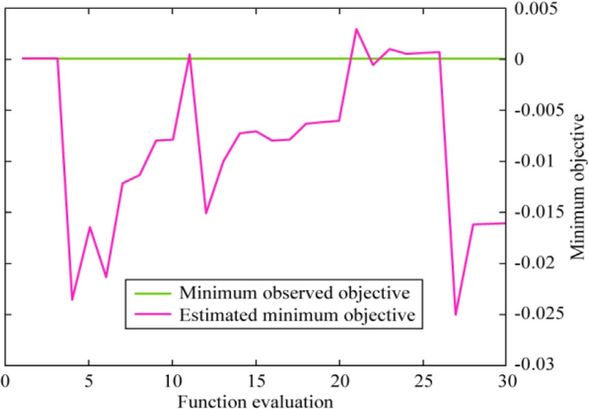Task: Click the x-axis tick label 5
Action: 89,380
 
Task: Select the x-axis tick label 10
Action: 172,380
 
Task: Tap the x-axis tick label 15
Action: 256,380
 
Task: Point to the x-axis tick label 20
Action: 339,380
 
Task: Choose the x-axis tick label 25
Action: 423,380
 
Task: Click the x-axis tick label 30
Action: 506,380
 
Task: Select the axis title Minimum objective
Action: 578,186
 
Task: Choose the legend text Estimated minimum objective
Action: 296,315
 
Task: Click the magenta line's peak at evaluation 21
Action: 356,29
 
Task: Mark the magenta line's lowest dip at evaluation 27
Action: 456,315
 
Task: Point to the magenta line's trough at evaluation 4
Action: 72,300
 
